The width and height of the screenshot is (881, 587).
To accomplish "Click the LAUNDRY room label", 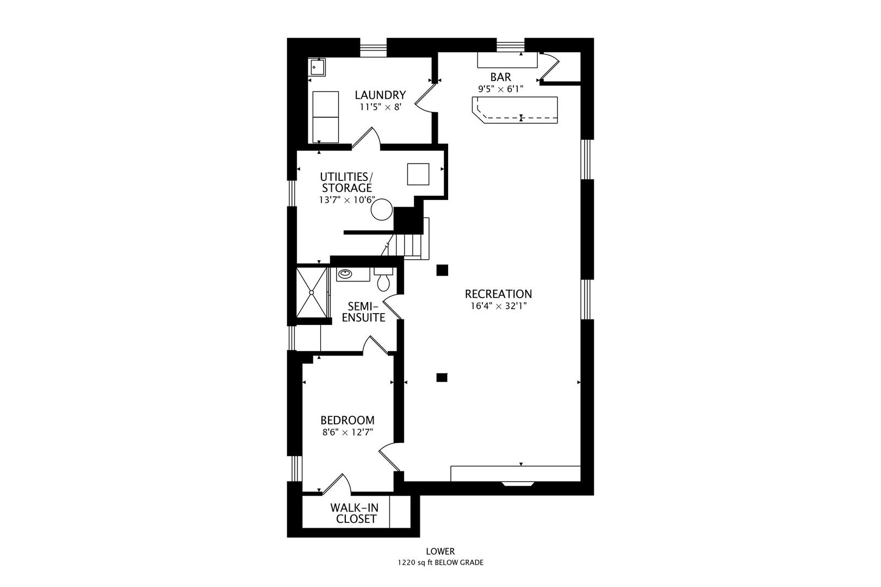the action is pos(380,95).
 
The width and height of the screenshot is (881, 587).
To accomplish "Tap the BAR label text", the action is pos(500,77).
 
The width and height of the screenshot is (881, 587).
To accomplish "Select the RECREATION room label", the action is pos(498,293).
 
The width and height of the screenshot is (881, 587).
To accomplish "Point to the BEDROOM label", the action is pos(348,420).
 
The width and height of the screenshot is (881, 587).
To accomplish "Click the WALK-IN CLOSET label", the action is pos(354,513).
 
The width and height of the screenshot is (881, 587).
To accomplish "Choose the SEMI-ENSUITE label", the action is pos(363,312).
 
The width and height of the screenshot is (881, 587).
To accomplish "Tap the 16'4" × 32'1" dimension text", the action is pos(498,306).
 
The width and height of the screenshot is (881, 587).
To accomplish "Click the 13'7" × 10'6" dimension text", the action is pos(347,199).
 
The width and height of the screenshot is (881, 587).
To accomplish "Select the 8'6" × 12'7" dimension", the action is pos(348,433).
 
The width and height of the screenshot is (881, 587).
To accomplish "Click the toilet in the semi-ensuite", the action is pos(383,279).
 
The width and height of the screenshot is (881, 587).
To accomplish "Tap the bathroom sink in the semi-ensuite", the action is pos(345,273).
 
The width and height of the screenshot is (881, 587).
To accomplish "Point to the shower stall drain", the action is pos(312,292).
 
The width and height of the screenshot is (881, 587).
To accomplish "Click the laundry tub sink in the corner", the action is pos(317,67).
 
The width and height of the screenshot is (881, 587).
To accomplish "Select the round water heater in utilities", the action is pos(382,210).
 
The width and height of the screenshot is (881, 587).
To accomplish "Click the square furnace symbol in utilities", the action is pos(418,174).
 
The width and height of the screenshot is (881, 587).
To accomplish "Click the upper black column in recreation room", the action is pos(442,270).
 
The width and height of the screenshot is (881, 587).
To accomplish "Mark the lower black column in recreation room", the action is pos(442,377).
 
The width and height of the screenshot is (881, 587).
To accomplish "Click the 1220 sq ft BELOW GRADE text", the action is pos(440,563).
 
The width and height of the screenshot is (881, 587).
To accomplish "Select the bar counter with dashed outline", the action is pos(515,110).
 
